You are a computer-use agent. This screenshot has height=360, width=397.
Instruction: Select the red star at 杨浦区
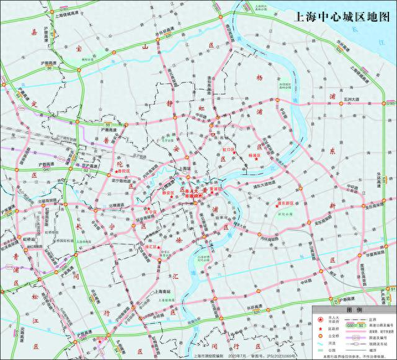[x=256, y=159]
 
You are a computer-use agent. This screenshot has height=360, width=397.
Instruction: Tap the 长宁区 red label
[x=149, y=212]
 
